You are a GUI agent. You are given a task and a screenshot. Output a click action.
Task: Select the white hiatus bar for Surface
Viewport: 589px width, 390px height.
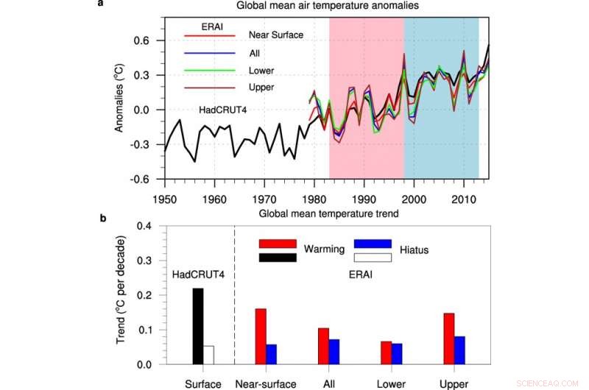tap(208, 355)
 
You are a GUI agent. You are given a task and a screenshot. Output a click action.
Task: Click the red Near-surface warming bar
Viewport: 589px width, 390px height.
tap(260, 336)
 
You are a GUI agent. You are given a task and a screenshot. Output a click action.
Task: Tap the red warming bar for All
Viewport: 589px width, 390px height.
tap(322, 346)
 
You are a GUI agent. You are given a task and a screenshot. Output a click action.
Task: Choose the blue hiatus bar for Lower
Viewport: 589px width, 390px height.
tap(396, 353)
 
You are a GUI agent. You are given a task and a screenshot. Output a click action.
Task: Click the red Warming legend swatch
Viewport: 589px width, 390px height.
tap(277, 244)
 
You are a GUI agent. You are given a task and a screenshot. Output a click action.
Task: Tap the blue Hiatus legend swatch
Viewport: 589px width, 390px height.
tap(373, 244)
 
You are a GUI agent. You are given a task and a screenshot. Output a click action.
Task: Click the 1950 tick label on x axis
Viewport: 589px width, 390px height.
tap(165, 199)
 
